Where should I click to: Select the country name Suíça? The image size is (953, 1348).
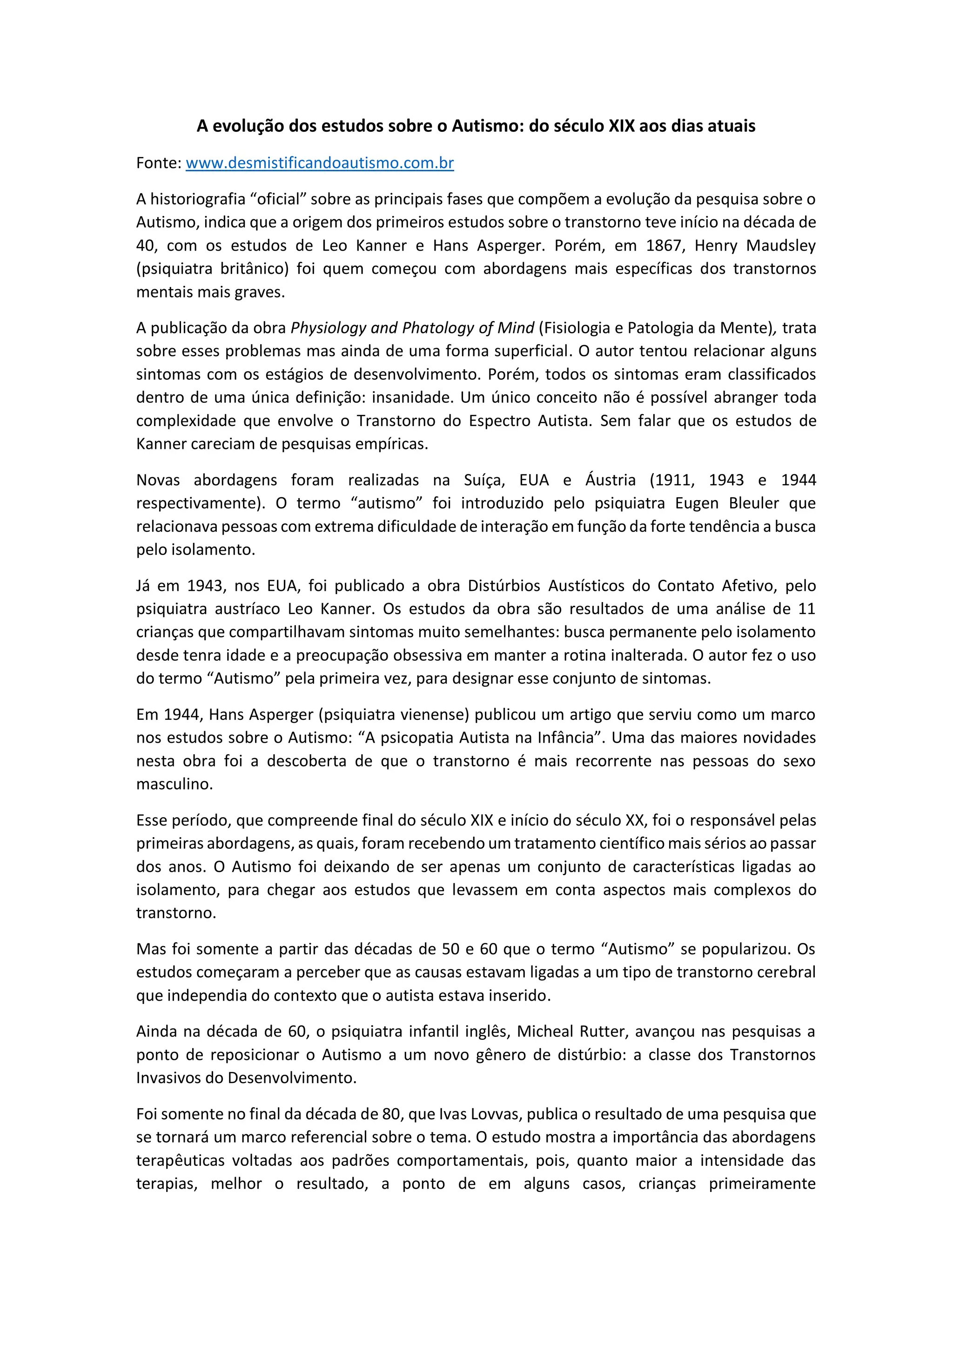[484, 480]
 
